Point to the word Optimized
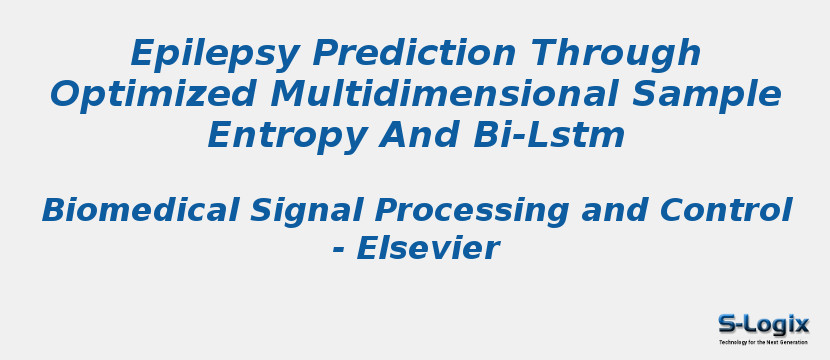133,93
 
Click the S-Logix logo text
763,324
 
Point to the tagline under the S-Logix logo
763,342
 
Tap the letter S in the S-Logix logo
728,324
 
